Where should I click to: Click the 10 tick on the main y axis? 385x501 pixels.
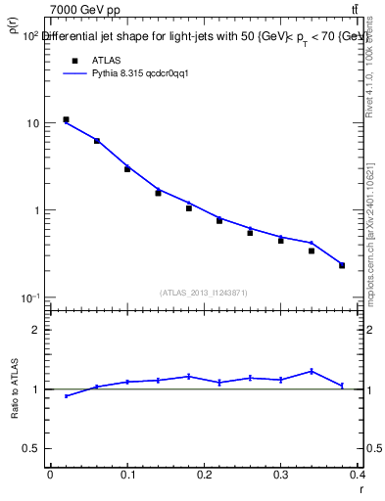(33, 123)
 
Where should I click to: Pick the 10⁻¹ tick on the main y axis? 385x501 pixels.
(31, 297)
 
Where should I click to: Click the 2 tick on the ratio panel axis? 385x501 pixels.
(36, 330)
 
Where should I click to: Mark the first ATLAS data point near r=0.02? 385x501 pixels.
(66, 119)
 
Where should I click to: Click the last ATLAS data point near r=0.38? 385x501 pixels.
(342, 265)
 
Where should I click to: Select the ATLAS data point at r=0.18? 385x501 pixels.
(189, 207)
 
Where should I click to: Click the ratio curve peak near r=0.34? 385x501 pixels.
(312, 371)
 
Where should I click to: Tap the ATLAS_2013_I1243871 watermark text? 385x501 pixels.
(204, 292)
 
